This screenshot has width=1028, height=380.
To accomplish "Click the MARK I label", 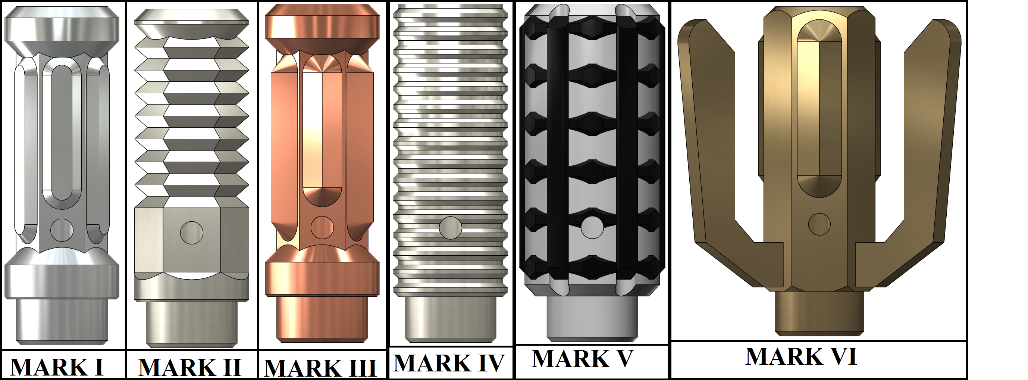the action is click(x=57, y=367).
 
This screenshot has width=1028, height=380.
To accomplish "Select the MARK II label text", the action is click(x=190, y=367).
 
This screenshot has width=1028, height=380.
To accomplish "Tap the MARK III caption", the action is click(x=320, y=368).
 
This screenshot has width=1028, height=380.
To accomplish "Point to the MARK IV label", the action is click(x=449, y=362).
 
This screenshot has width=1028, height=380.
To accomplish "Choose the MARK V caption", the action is click(x=583, y=358).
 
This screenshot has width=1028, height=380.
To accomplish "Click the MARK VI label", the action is click(x=801, y=356).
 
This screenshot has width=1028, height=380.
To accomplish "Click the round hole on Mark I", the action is click(x=62, y=230).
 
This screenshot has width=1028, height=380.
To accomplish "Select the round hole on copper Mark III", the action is click(x=322, y=228).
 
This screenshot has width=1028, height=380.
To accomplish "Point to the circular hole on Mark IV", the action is click(x=451, y=228).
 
